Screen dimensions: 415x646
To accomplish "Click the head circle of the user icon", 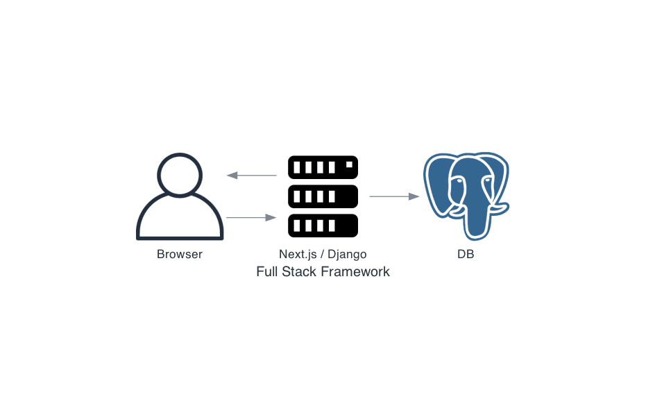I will click(x=180, y=174).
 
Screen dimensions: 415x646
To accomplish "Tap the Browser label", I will click(x=180, y=254).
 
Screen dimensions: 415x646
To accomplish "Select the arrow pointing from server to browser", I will click(x=251, y=175).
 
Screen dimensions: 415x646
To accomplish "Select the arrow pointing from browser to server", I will click(x=251, y=218).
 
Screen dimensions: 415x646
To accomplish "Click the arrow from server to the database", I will click(x=394, y=196).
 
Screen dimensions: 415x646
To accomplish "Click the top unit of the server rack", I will click(x=323, y=167).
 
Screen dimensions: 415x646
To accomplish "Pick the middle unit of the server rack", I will click(x=323, y=196).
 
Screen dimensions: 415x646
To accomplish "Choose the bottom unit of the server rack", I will click(x=323, y=226).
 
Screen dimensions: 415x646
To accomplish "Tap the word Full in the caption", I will click(x=267, y=271).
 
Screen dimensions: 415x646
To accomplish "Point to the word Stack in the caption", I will click(x=298, y=271).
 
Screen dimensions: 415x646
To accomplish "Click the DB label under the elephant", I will click(x=466, y=254).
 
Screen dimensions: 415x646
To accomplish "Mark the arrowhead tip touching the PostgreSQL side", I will click(x=418, y=196).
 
